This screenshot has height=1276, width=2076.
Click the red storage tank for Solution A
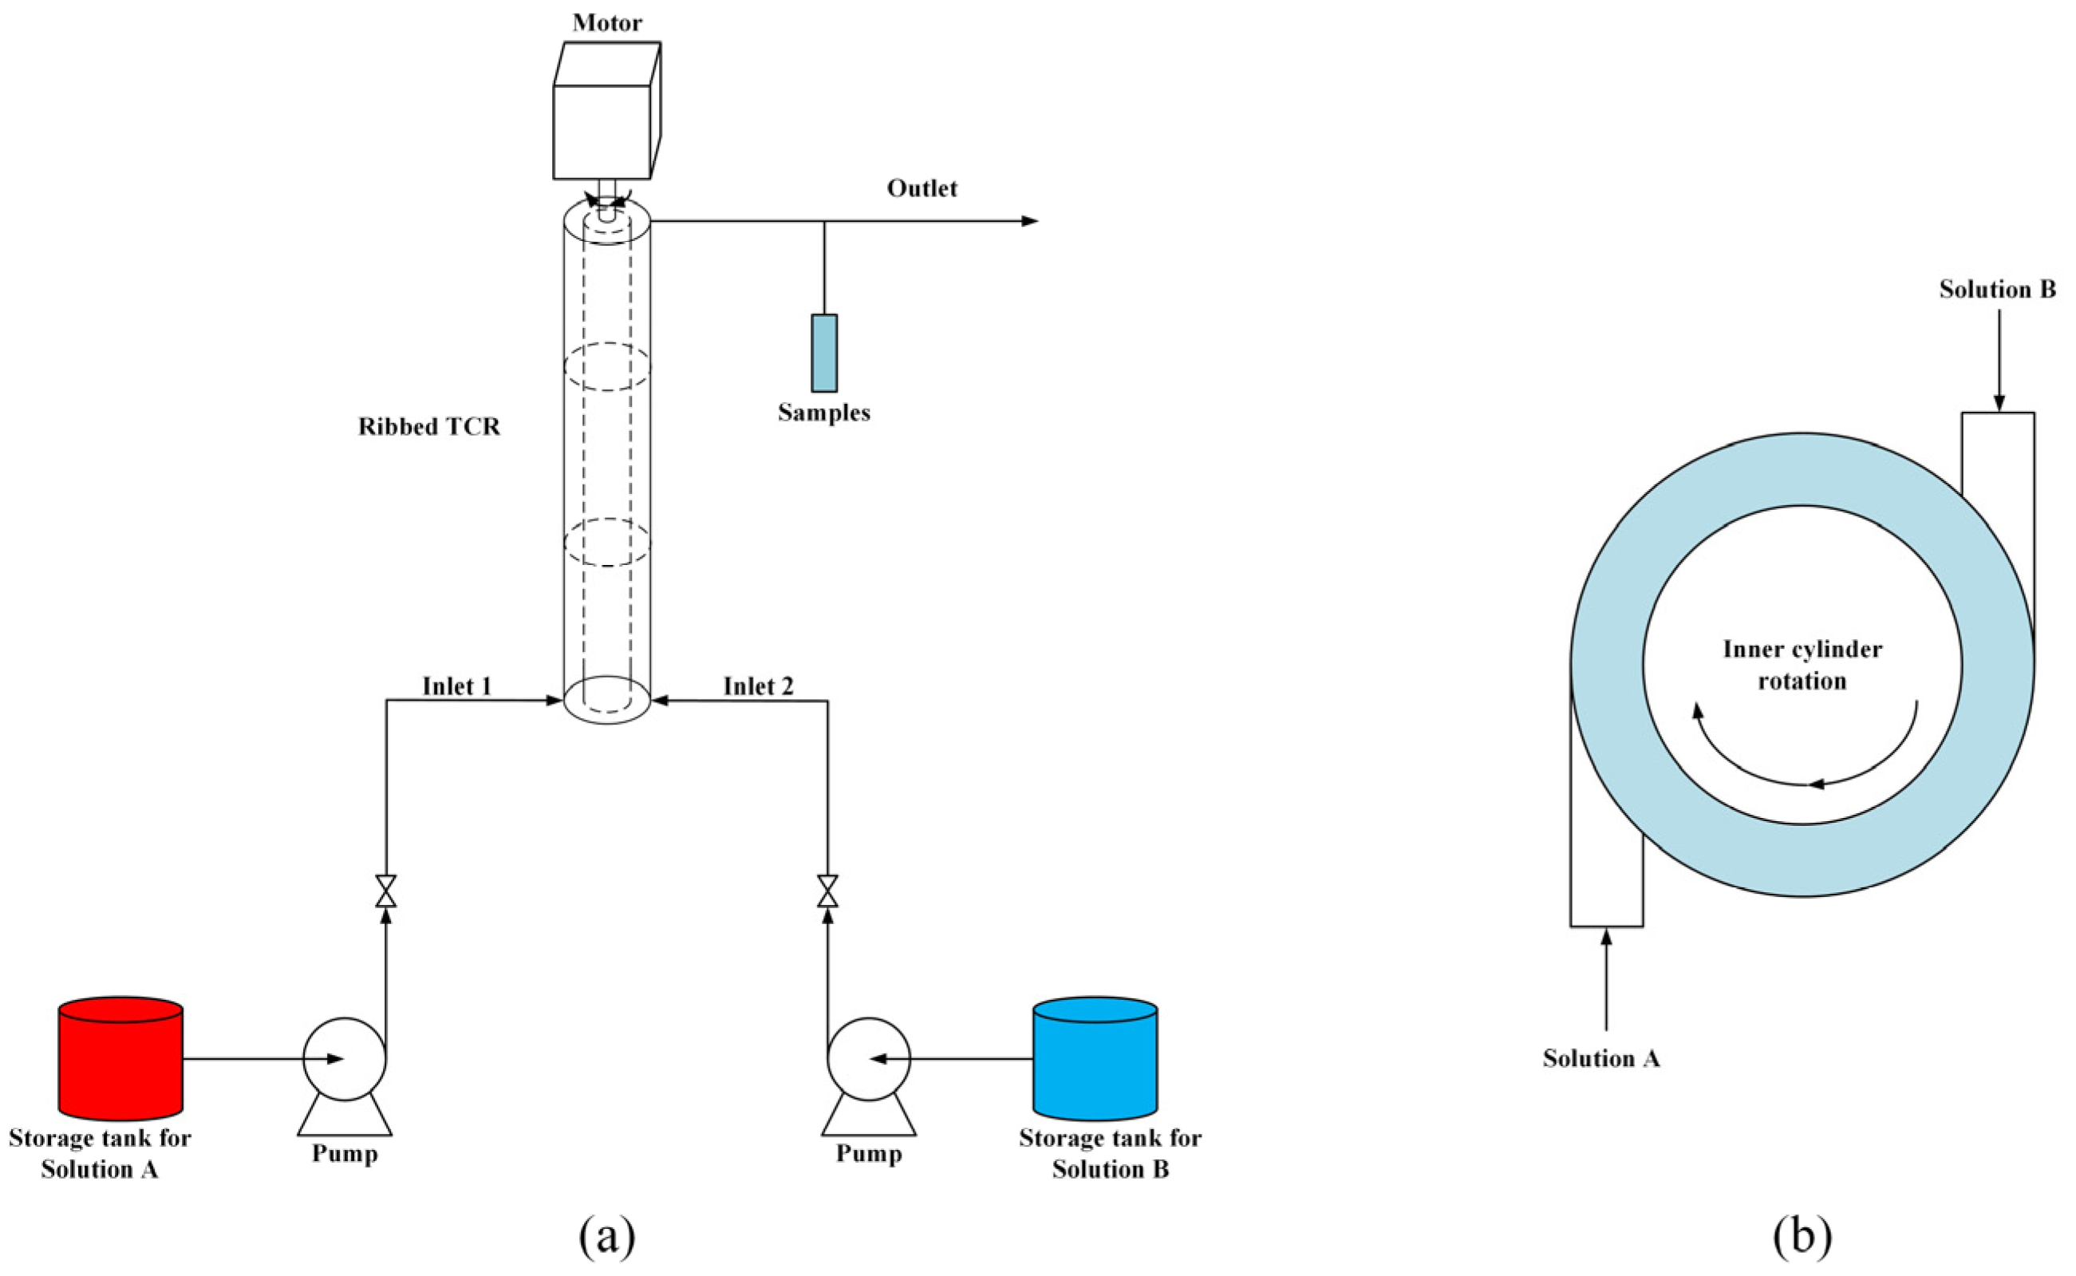click(x=120, y=1059)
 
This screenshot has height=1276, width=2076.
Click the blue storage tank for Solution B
click(x=1095, y=1059)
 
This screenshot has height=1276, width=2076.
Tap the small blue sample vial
click(x=824, y=353)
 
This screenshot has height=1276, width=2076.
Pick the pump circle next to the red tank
click(x=344, y=1059)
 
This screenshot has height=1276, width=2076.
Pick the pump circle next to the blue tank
click(x=869, y=1059)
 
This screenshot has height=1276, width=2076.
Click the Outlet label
click(x=922, y=188)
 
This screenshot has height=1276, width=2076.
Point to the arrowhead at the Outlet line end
click(x=1030, y=221)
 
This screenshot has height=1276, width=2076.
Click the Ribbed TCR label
click(x=429, y=427)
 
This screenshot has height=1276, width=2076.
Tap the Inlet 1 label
click(x=456, y=687)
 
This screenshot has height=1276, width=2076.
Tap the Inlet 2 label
click(x=759, y=687)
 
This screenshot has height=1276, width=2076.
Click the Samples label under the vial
click(x=824, y=413)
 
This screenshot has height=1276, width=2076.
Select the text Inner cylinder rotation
click(x=1802, y=665)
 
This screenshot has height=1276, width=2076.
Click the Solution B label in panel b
click(x=1997, y=290)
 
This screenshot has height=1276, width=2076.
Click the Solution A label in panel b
click(x=1601, y=1058)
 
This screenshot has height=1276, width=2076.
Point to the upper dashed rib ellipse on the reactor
click(x=606, y=366)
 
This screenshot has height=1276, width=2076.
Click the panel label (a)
click(x=606, y=1237)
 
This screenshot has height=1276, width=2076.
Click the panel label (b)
click(x=1802, y=1237)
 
